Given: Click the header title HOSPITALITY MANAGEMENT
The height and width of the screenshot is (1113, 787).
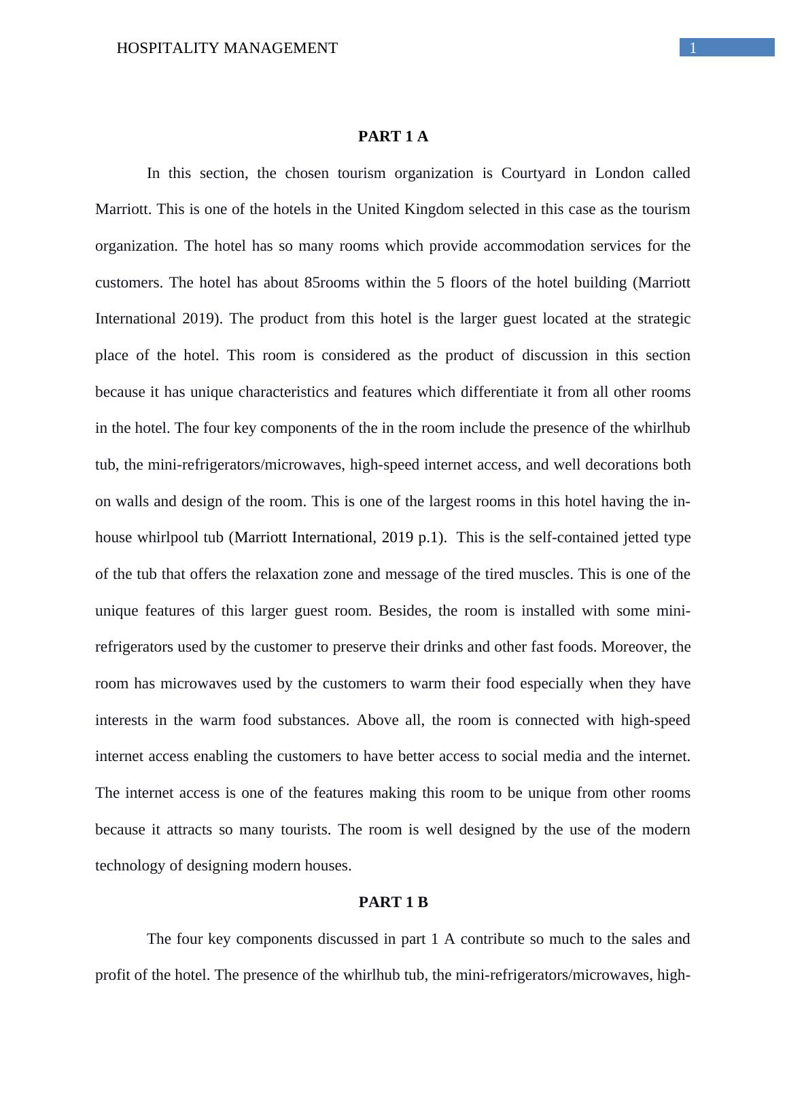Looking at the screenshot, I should click(x=227, y=48).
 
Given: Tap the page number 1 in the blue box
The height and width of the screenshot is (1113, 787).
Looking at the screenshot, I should click(x=693, y=48).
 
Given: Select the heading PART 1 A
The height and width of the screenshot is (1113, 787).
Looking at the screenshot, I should click(x=393, y=137).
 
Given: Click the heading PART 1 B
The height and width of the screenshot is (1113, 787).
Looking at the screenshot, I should click(x=393, y=902).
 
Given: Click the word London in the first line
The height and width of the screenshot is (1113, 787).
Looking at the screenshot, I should click(x=619, y=173).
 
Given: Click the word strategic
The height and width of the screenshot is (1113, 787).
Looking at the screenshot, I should click(x=660, y=319).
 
